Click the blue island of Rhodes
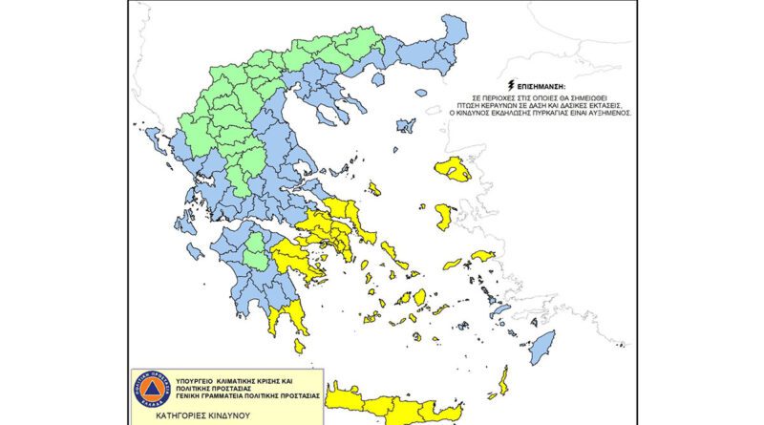pos(541,347)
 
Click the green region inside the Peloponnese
pos(256,256)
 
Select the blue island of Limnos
pos(405,125)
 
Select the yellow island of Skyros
pos(375,189)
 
